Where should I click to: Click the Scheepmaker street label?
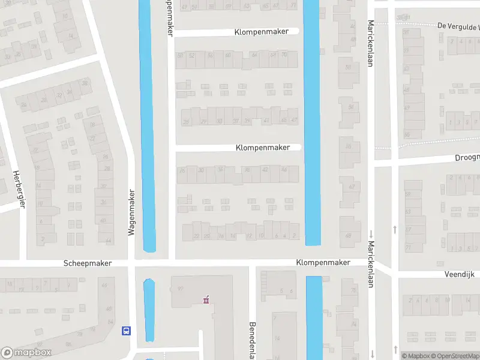click(x=88, y=263)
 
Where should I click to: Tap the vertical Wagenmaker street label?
click(x=131, y=212)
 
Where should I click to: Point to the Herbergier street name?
click(x=19, y=188)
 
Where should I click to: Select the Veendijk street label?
click(x=460, y=274)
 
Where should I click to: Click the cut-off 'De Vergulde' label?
click(x=458, y=27)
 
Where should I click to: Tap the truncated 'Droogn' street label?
click(x=467, y=157)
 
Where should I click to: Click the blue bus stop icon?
click(x=126, y=330)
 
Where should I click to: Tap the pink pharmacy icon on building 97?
click(x=206, y=299)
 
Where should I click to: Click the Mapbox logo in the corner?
click(x=26, y=353)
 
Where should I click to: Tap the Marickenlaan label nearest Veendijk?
click(x=371, y=264)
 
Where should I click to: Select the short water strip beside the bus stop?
click(x=149, y=310)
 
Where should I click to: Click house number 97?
click(x=179, y=289)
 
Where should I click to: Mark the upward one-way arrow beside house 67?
click(x=395, y=229)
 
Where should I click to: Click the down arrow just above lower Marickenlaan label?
click(x=371, y=233)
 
